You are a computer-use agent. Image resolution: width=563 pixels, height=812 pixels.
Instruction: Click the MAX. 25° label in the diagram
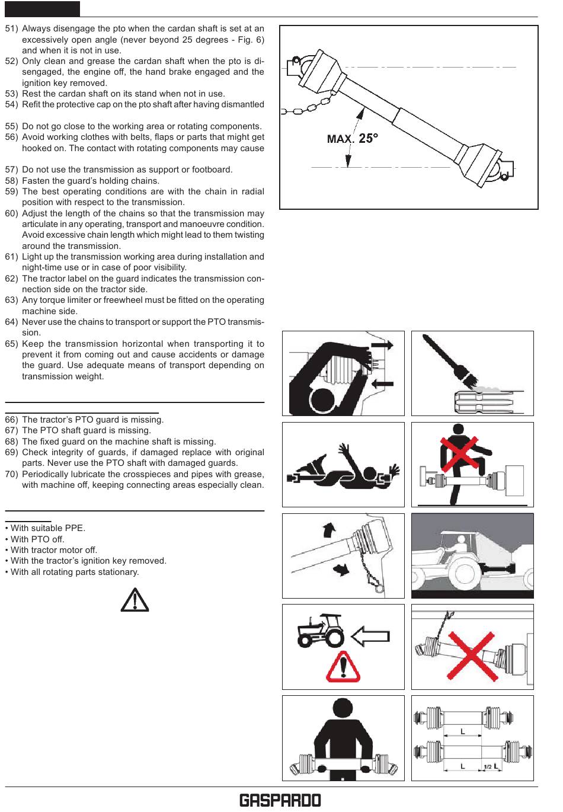(353, 139)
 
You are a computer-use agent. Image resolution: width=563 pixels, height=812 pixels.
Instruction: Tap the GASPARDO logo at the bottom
(280, 800)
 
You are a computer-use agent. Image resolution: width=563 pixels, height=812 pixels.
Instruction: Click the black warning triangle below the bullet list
(135, 600)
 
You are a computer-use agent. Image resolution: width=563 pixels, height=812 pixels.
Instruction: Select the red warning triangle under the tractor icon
(343, 666)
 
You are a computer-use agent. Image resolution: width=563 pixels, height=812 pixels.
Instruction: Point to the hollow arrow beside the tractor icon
(370, 637)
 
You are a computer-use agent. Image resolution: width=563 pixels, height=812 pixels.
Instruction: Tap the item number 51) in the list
(11, 28)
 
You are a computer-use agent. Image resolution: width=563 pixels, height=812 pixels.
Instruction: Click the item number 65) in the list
(11, 344)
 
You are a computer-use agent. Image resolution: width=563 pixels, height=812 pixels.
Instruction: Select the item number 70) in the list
(11, 474)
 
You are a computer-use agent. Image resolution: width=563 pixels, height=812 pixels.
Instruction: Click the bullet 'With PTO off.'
(35, 539)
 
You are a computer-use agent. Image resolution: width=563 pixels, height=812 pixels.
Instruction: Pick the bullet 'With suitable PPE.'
(45, 528)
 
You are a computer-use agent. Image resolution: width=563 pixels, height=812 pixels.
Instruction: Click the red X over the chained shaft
(472, 656)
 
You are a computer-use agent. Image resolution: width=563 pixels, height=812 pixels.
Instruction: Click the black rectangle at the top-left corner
(43, 9)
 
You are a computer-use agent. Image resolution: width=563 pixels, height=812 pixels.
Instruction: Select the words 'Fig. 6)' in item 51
(251, 40)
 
